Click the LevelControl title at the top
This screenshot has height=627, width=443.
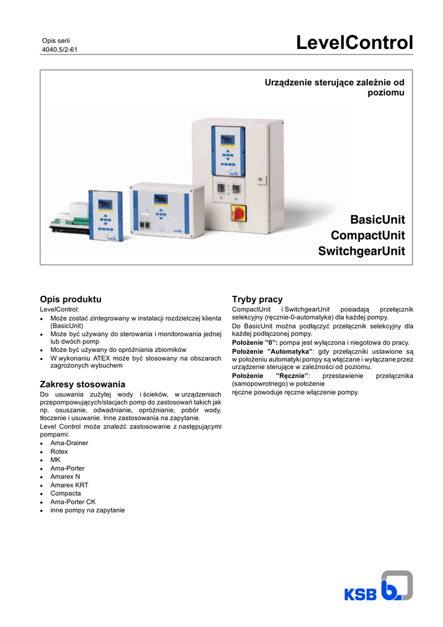click(354, 43)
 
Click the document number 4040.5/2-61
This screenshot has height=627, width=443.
click(59, 50)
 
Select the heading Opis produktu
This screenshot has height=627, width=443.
click(70, 299)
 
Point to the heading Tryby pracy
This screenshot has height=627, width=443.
click(257, 299)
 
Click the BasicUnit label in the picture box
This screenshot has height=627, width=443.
click(377, 219)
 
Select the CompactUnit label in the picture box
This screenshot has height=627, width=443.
click(368, 235)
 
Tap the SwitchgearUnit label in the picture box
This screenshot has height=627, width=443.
click(362, 251)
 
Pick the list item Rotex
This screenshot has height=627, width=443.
click(59, 451)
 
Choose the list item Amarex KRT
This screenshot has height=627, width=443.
click(69, 484)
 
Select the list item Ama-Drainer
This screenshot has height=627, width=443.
click(69, 443)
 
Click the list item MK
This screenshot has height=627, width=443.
click(56, 459)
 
